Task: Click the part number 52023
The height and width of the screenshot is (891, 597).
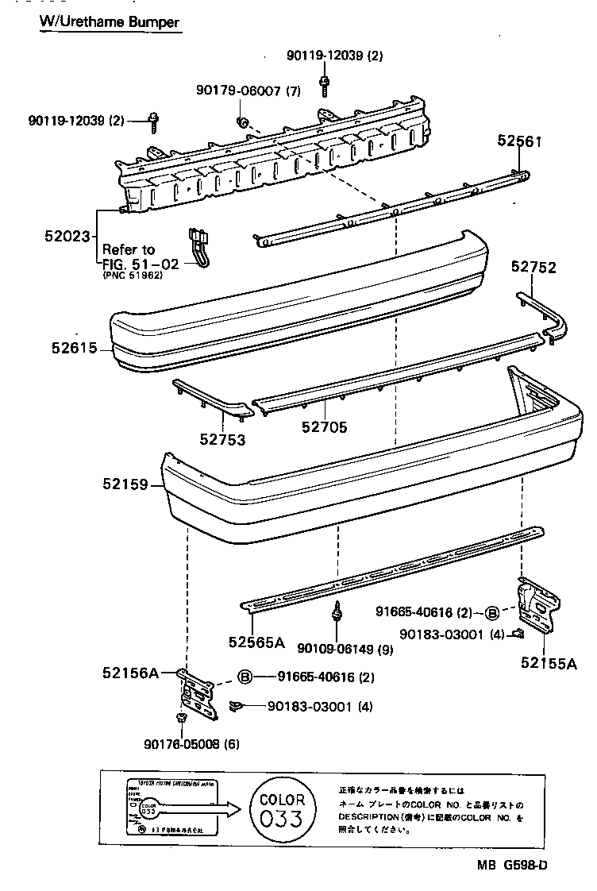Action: click(x=69, y=235)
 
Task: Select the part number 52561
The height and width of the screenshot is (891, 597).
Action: click(x=519, y=141)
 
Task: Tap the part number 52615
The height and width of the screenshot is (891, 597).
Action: click(x=74, y=348)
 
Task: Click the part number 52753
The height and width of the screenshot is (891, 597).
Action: click(x=222, y=439)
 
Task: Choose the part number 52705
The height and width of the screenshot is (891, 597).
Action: click(x=324, y=427)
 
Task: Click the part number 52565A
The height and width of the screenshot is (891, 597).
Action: click(x=256, y=642)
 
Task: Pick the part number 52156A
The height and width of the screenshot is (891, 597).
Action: click(x=130, y=673)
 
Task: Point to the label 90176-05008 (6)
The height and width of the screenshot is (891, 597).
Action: click(x=191, y=744)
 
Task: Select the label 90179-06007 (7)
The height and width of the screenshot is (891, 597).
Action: click(x=248, y=91)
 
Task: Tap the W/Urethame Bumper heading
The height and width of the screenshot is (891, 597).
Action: click(x=110, y=22)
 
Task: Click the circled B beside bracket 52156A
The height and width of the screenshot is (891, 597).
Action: click(x=245, y=677)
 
